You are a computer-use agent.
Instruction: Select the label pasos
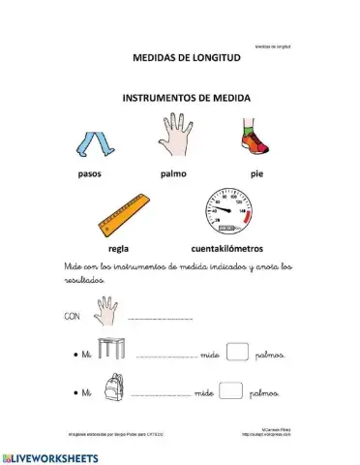pos(93,174)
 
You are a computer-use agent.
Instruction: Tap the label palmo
pos(173,174)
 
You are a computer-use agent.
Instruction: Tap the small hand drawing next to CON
pos(105,311)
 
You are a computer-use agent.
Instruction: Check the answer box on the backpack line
pos(230,390)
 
